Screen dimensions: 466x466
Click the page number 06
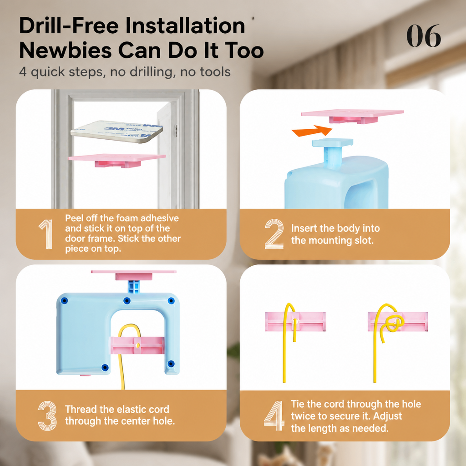tap(424, 35)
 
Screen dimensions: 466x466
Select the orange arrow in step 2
tap(312, 131)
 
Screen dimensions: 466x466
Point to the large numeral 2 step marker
tap(274, 234)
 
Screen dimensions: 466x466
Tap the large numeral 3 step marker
tap(47, 416)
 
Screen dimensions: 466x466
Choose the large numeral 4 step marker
tap(274, 416)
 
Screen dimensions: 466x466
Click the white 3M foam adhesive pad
tap(117, 132)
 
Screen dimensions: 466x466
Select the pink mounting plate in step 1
tap(117, 160)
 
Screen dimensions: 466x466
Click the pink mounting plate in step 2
tap(353, 116)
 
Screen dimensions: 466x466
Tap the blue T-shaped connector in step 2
tap(333, 152)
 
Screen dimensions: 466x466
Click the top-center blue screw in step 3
tap(127, 301)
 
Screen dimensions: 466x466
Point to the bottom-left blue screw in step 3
tap(105, 368)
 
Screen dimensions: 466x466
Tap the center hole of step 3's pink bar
tap(137, 345)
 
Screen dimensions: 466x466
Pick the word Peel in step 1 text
tap(74, 218)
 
